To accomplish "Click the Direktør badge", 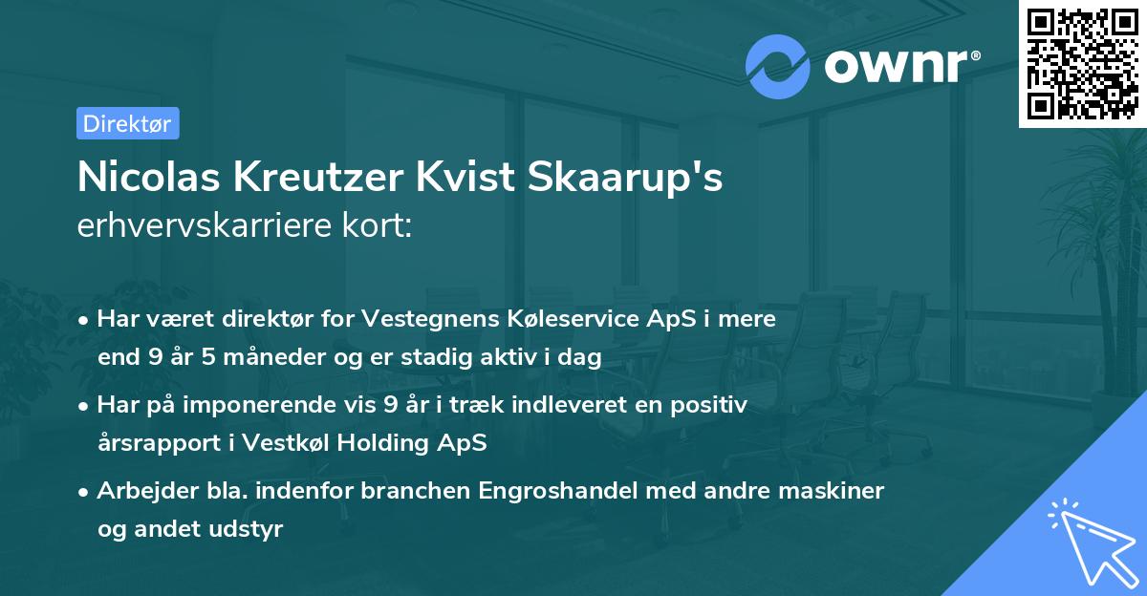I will tap(127, 124).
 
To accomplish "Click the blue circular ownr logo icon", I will tap(778, 66).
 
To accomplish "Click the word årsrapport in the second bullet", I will tap(153, 444).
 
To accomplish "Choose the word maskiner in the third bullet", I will tap(834, 491).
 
